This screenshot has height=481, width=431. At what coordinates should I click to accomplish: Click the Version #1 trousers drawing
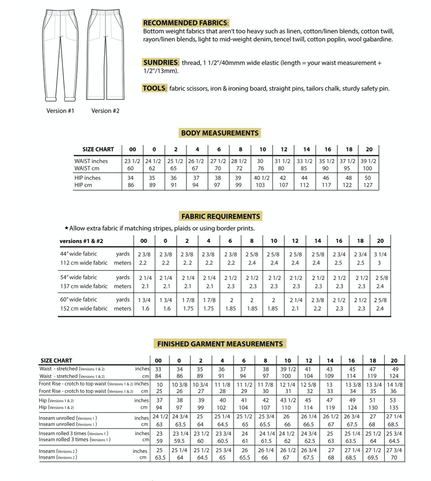click(61, 55)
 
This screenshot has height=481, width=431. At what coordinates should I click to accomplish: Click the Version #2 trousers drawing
click(105, 55)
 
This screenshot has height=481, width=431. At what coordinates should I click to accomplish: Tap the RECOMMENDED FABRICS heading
click(186, 23)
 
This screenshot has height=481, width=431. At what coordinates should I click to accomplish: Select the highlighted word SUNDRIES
click(161, 63)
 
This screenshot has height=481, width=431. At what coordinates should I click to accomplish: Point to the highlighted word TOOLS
click(154, 88)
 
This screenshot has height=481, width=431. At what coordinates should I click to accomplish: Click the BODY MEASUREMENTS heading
click(220, 133)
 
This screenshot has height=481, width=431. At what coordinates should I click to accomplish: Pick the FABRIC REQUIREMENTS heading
click(221, 216)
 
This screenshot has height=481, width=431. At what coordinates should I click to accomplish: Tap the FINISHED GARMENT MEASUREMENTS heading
click(220, 344)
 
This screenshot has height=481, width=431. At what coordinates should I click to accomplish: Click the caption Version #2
click(105, 111)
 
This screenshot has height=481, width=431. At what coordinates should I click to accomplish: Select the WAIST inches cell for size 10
click(260, 161)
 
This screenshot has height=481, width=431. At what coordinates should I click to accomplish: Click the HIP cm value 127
click(368, 185)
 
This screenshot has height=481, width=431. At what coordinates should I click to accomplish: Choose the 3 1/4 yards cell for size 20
click(380, 255)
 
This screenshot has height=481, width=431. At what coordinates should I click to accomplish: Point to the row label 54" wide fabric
click(79, 277)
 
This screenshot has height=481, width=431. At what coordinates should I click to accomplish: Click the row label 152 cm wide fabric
click(84, 309)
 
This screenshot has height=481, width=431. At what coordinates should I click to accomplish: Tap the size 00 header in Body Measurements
click(133, 149)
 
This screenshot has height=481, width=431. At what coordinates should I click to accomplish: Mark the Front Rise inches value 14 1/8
click(395, 385)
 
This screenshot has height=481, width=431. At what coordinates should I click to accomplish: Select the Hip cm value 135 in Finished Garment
click(394, 408)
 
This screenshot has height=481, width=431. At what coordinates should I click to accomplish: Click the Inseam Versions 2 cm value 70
click(394, 458)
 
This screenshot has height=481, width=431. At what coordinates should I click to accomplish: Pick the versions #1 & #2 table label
click(81, 241)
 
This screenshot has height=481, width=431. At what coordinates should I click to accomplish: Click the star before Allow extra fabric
click(66, 228)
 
